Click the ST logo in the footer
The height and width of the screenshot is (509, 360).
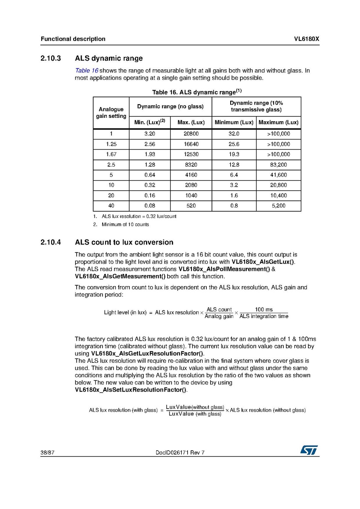click(309, 450)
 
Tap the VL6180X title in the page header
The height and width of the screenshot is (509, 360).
click(306, 39)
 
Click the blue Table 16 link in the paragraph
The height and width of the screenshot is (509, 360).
click(86, 71)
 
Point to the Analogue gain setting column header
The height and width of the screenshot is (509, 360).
click(111, 113)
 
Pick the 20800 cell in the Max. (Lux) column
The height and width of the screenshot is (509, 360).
click(191, 134)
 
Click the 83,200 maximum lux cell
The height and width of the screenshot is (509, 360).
click(278, 165)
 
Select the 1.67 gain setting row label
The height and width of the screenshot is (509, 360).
click(111, 154)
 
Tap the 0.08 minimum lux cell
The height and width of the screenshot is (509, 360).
click(149, 206)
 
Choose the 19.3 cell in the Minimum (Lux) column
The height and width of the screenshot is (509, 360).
click(234, 154)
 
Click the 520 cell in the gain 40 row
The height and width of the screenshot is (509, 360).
click(191, 206)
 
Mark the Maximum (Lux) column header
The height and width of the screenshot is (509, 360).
click(278, 122)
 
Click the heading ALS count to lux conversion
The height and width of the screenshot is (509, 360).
click(124, 242)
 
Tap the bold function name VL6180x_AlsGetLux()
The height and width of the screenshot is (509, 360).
click(263, 262)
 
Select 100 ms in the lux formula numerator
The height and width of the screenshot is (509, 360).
click(263, 310)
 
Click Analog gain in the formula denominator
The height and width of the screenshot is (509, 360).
click(219, 316)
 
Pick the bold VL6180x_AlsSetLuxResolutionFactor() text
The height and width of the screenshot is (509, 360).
click(130, 390)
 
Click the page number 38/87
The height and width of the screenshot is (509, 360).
click(47, 452)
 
